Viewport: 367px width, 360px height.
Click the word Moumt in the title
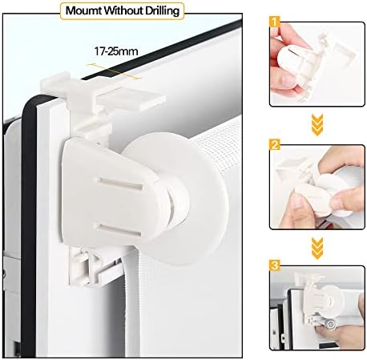(x=83, y=10)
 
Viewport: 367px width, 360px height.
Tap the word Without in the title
(x=123, y=10)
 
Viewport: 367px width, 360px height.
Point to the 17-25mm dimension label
(x=116, y=51)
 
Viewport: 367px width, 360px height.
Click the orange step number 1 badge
(x=275, y=22)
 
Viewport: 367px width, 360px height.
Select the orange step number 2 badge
(x=275, y=145)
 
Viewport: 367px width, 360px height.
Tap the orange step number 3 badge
(x=275, y=265)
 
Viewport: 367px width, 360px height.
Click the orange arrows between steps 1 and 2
(x=317, y=125)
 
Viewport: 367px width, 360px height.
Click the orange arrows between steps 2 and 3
(x=317, y=249)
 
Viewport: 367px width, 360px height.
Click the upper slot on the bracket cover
(x=120, y=184)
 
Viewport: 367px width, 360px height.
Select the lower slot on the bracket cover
(x=119, y=230)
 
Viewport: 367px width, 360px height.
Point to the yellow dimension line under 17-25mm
(x=115, y=71)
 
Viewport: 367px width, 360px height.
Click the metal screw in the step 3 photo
(x=331, y=324)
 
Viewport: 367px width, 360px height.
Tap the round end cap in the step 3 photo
(x=333, y=299)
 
